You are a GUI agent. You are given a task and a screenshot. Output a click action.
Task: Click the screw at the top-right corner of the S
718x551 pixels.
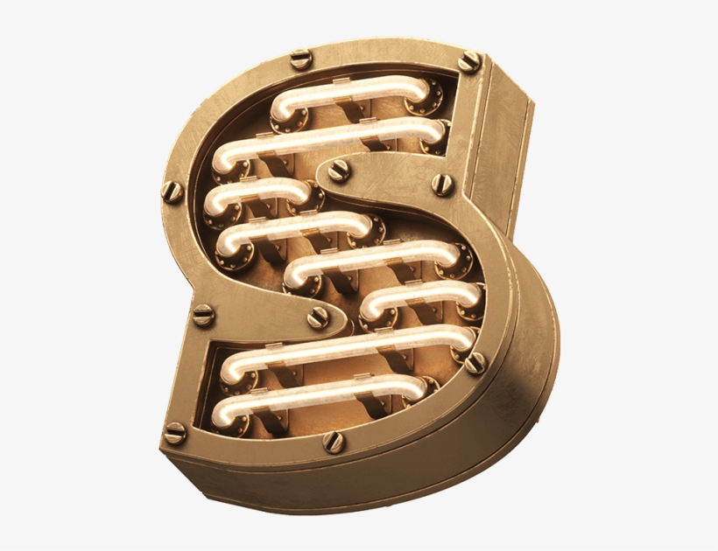[x=469, y=61]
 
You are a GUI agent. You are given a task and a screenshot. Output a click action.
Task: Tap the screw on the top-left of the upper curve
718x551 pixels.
[x=300, y=59]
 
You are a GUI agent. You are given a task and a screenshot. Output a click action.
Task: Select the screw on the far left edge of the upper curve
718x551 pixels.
[x=172, y=191]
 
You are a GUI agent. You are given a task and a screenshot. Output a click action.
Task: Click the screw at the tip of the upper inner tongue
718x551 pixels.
[x=339, y=171]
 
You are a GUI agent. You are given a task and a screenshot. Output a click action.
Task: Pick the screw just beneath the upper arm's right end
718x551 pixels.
[x=444, y=184]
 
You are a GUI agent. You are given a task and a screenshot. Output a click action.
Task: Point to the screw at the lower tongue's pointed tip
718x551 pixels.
[x=316, y=318]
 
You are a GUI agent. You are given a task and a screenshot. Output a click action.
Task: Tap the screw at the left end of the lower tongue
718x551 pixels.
[x=203, y=314]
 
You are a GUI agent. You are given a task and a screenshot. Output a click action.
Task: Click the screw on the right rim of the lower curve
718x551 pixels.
[x=475, y=362]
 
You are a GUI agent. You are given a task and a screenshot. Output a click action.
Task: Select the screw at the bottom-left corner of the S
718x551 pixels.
[x=175, y=432]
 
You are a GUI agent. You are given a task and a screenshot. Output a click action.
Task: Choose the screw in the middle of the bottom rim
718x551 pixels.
[x=334, y=442]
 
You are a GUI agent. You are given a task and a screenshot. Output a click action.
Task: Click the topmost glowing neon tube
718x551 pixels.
[x=350, y=92]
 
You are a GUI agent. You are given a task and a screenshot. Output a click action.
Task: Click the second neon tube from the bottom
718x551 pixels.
[x=350, y=347]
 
